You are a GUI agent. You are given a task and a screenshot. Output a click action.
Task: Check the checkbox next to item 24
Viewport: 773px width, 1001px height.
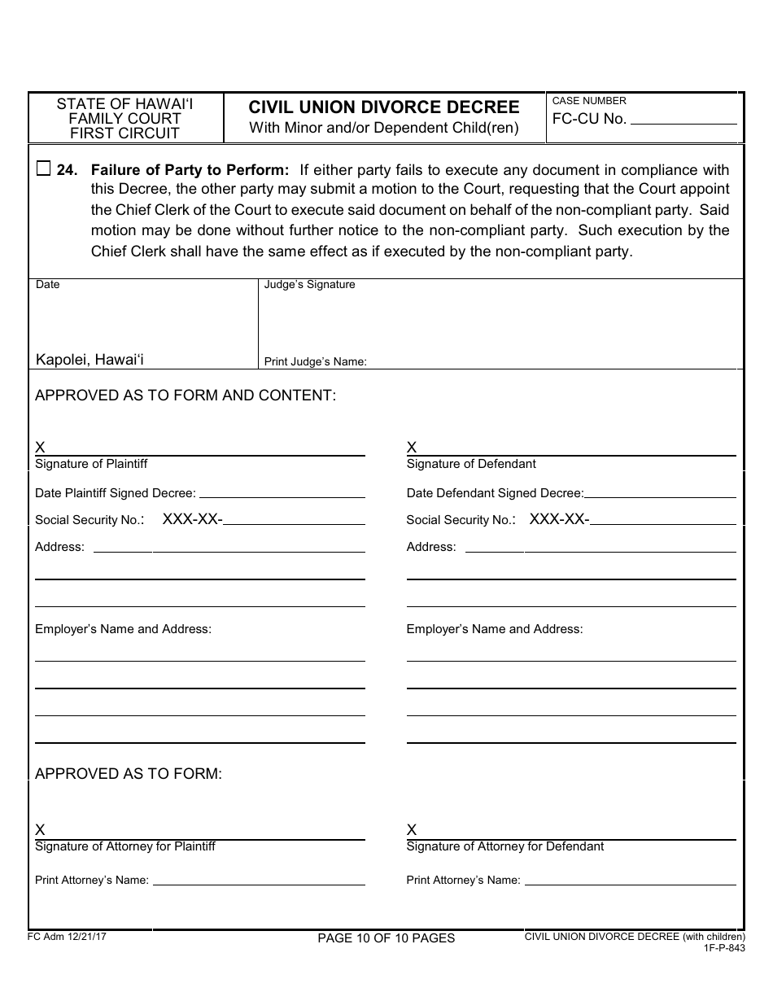[x=43, y=169]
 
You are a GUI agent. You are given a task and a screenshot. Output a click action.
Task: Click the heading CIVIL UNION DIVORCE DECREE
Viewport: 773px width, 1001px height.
[x=384, y=107]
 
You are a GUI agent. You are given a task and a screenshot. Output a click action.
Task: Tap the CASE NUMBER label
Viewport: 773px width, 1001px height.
[x=589, y=101]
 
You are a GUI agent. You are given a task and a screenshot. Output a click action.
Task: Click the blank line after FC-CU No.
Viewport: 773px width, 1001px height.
[x=683, y=120]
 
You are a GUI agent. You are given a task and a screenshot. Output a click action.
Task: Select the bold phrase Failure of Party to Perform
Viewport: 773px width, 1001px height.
[x=190, y=170]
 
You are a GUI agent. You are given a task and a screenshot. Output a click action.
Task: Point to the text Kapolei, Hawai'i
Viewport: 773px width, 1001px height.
[x=90, y=360]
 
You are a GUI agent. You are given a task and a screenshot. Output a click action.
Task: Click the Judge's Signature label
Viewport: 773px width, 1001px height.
[x=310, y=285]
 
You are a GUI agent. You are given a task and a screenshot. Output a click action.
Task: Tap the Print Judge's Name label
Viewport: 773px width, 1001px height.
[x=316, y=362]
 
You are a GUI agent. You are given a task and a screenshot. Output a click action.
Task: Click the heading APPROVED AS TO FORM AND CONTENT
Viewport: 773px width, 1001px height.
[x=186, y=396]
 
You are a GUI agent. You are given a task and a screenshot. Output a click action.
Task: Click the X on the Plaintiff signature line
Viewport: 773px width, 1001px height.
[x=40, y=447]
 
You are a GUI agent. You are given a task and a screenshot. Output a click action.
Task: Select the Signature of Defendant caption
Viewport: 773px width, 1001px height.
[x=471, y=464]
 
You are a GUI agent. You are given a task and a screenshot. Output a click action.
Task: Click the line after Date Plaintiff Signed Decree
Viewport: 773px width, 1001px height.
[x=282, y=494]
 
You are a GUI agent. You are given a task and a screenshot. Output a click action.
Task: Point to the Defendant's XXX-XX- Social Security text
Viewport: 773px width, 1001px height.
[x=559, y=519]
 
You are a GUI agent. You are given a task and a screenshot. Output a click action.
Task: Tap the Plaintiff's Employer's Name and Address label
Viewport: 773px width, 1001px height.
[x=123, y=629]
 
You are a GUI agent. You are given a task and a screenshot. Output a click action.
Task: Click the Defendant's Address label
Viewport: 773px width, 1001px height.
[x=431, y=547]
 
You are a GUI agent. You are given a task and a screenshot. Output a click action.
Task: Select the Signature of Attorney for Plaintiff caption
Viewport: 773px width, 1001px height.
[x=125, y=846]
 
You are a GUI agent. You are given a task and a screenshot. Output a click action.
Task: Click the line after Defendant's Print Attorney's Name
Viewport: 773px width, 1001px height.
[x=630, y=881]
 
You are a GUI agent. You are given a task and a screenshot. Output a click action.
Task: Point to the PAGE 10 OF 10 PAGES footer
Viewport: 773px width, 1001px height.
[x=386, y=938]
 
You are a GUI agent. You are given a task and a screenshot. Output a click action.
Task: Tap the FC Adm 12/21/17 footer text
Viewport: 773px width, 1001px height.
[x=67, y=937]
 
